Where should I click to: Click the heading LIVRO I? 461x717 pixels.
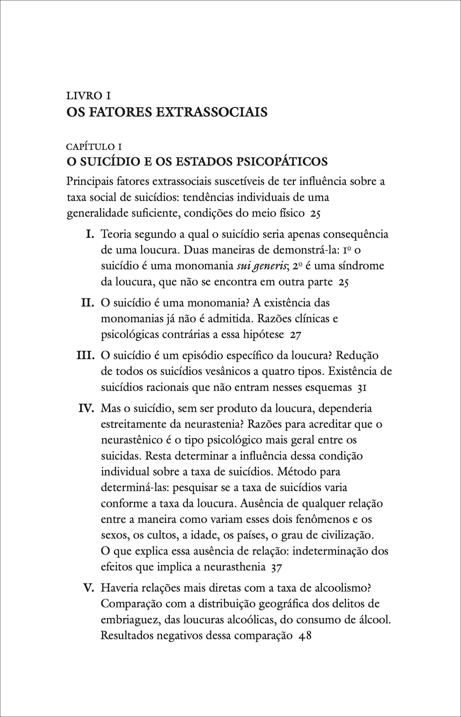tap(89, 96)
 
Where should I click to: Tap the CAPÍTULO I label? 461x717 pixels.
tap(94, 147)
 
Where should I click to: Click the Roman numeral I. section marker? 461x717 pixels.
tap(90, 234)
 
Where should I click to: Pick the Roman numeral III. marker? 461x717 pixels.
tap(86, 356)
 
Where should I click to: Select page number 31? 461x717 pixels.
tap(362, 388)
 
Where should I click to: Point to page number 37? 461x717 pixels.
tap(276, 568)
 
